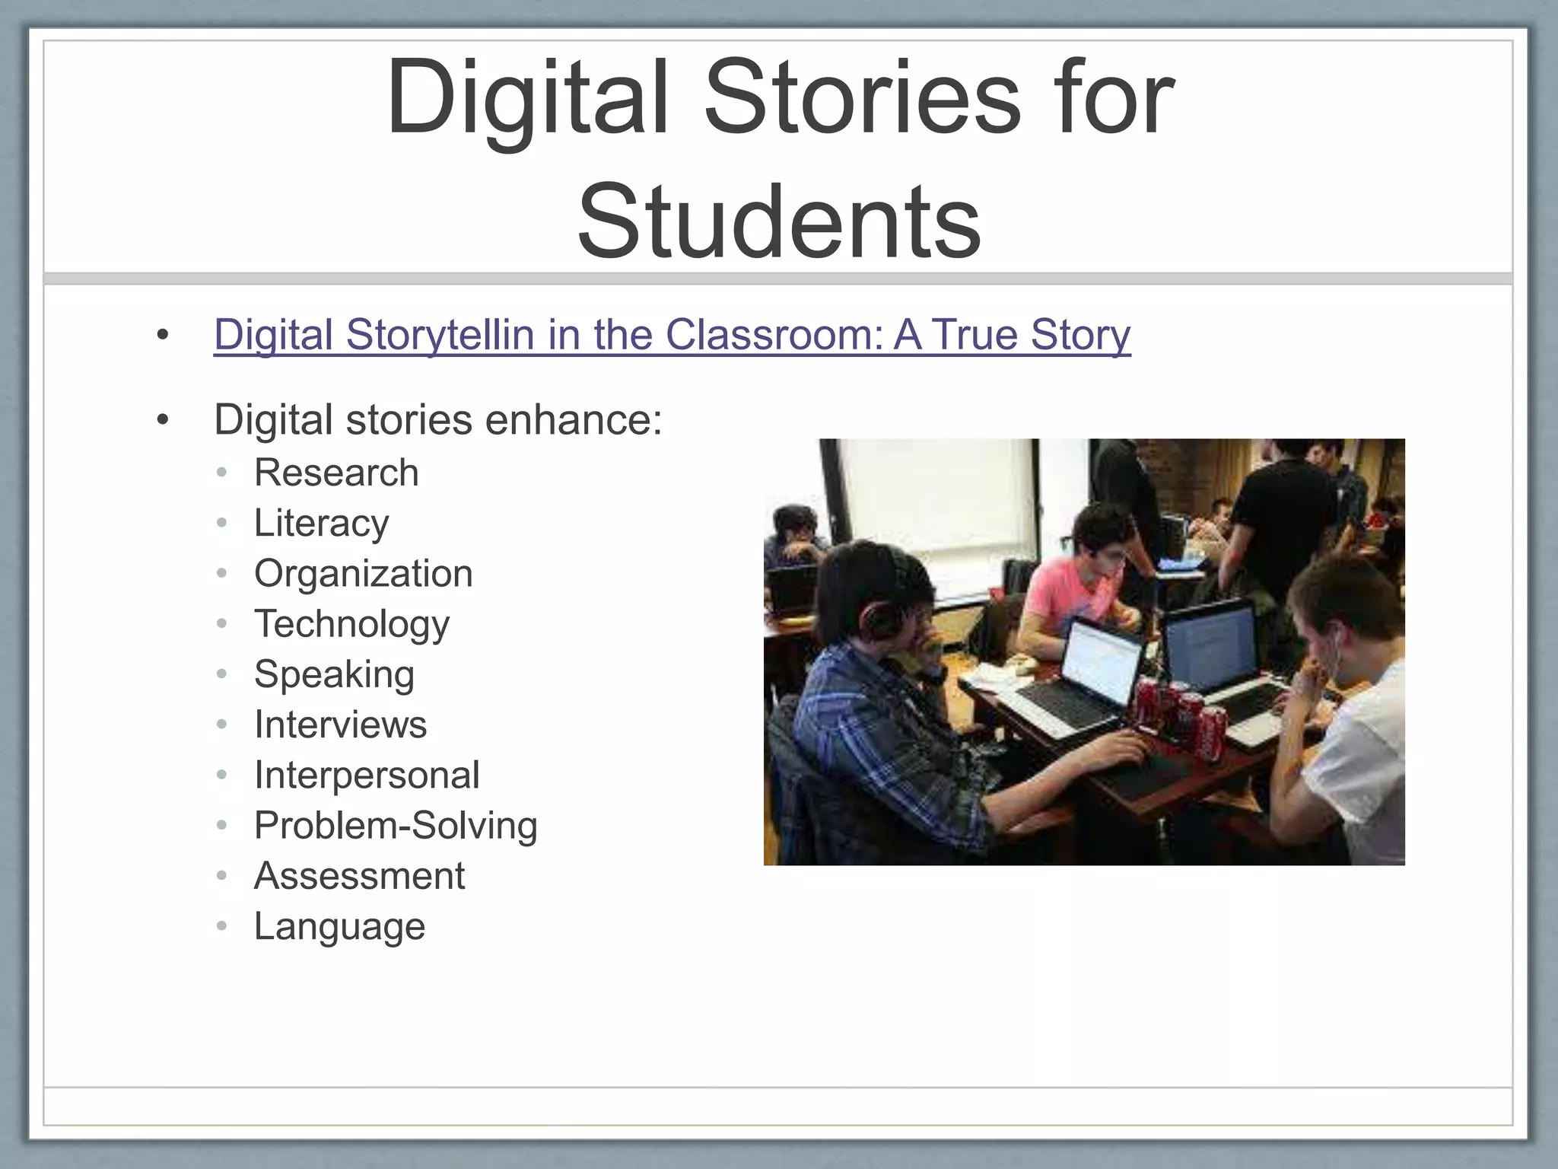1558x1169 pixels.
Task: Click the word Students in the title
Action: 779,222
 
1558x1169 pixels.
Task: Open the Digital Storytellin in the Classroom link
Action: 672,334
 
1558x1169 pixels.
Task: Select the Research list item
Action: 336,473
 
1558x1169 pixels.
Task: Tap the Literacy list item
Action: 321,523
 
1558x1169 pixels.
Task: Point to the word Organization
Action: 363,573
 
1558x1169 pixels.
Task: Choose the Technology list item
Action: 351,624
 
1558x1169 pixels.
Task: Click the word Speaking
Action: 334,674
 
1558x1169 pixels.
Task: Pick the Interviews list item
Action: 340,725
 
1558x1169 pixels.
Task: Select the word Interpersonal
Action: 367,775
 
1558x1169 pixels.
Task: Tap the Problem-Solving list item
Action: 396,826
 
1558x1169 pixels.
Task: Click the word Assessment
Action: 359,876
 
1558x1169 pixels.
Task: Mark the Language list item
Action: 339,926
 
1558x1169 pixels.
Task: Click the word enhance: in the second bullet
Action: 574,420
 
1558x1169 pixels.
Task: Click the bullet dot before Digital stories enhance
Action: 162,420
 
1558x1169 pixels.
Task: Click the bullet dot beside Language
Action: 222,926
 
